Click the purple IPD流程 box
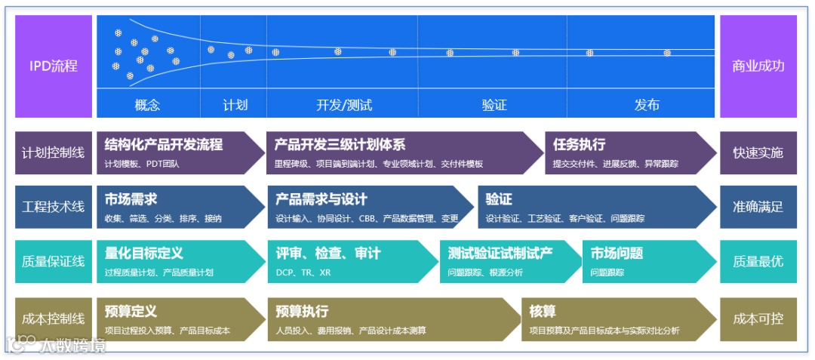tap(54, 66)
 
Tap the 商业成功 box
tap(758, 66)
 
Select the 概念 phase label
tap(147, 105)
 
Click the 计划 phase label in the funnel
tap(235, 105)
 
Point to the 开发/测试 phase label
tap(344, 105)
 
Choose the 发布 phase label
tap(647, 105)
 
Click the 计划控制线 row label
tap(54, 152)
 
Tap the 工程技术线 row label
tap(54, 207)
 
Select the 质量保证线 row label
tap(54, 261)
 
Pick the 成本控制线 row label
tap(54, 319)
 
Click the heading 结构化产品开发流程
tap(164, 145)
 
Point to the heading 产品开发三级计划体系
tap(340, 145)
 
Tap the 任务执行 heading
tap(579, 145)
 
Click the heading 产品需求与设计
tap(321, 199)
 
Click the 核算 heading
tap(543, 311)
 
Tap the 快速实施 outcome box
tap(758, 152)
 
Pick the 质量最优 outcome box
tap(758, 261)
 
